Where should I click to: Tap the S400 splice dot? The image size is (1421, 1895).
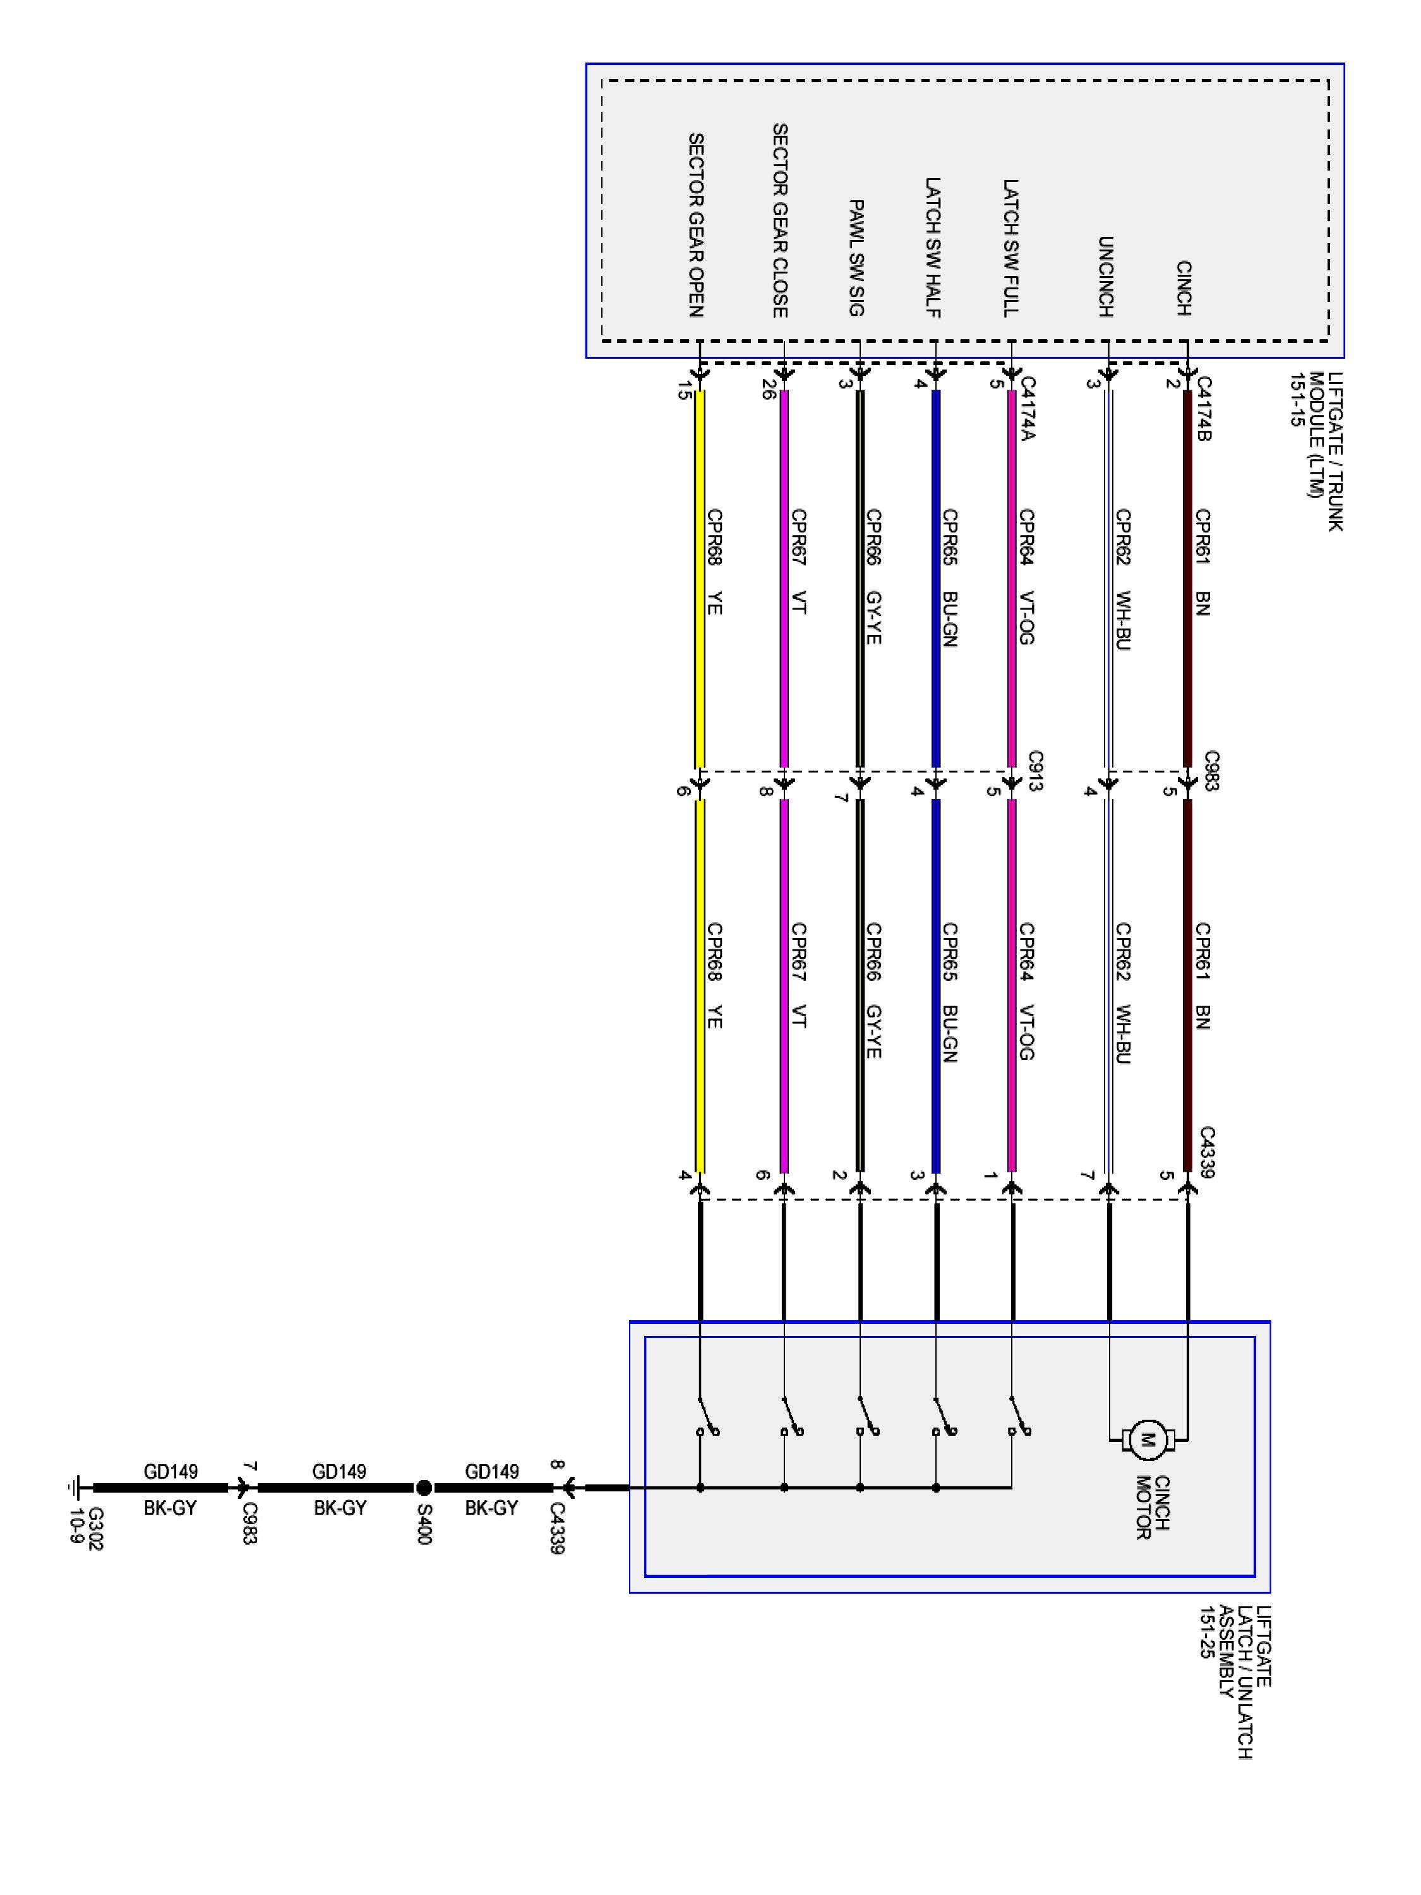[423, 1488]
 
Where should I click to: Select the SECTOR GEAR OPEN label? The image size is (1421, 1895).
[697, 224]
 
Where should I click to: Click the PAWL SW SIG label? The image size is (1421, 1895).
[856, 257]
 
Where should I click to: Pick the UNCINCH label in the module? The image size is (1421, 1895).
[1106, 276]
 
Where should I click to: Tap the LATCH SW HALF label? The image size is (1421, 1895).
[933, 248]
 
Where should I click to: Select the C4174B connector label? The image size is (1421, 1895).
[1204, 409]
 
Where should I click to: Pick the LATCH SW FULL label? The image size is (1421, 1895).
[1010, 248]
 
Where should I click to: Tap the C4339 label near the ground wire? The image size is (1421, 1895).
[557, 1527]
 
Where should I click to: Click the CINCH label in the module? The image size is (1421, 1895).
[1184, 288]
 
